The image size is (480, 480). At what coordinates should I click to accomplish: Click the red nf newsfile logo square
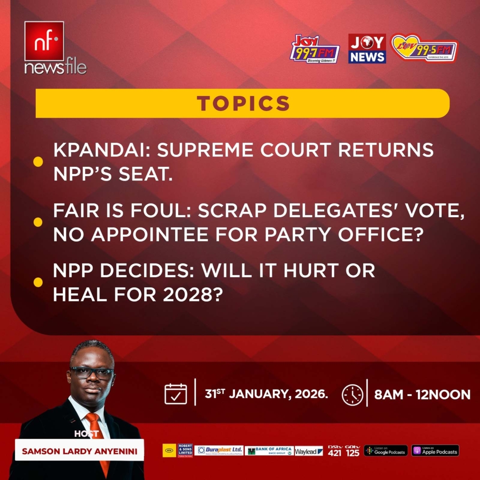point(44,41)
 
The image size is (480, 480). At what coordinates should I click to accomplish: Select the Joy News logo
point(367,48)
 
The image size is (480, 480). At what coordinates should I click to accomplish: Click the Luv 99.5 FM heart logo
point(424,48)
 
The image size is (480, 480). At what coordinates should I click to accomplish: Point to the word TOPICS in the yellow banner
point(243,103)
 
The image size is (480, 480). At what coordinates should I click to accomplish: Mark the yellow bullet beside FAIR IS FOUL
point(38,222)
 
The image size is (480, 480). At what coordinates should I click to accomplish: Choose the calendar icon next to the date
point(176,394)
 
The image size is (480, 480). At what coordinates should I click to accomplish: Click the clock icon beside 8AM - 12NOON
point(352,395)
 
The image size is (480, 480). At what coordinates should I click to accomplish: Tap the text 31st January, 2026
point(266,394)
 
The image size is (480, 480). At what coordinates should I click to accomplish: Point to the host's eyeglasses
point(92,374)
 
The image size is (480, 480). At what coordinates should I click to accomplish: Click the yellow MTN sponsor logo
point(169,450)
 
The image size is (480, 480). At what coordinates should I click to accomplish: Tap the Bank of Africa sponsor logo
point(269,450)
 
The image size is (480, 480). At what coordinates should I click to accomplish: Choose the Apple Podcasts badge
point(435,450)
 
